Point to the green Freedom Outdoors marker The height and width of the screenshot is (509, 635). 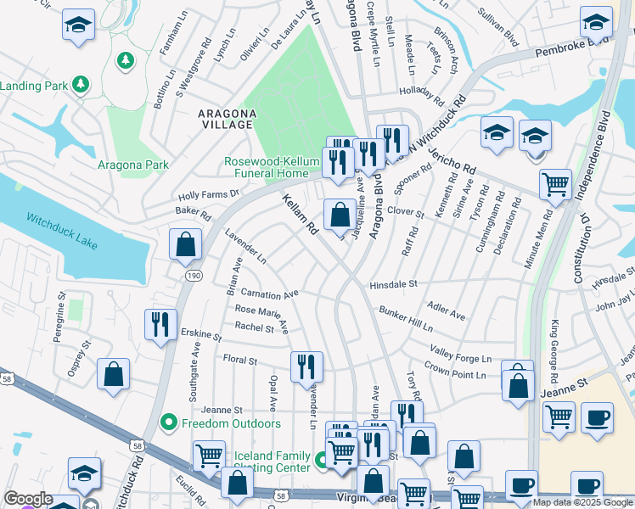(x=168, y=422)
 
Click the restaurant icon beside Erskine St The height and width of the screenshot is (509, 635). (x=159, y=325)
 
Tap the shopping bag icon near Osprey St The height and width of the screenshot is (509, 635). (x=113, y=375)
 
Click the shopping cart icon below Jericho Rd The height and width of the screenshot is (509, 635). (x=555, y=184)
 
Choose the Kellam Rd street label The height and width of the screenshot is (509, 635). (x=300, y=214)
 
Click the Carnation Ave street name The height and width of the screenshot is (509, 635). (x=269, y=294)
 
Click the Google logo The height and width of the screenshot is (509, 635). (x=28, y=499)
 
